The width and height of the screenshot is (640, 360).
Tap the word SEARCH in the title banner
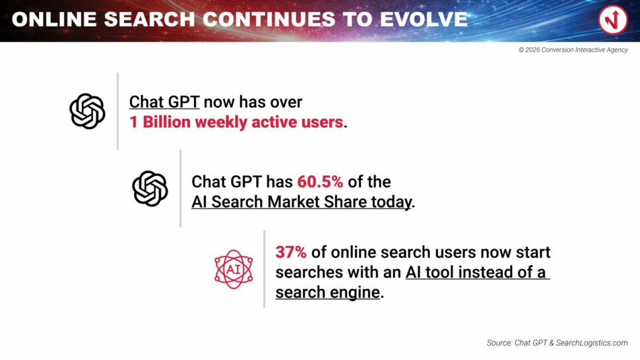point(149,20)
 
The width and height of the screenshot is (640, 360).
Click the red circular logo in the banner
point(613,20)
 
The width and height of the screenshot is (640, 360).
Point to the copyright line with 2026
point(573,49)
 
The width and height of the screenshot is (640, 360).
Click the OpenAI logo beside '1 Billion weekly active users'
point(87,111)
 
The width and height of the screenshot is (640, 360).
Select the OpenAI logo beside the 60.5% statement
point(150,189)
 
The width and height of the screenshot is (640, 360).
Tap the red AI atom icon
point(234,269)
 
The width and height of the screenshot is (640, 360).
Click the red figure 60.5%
point(320,182)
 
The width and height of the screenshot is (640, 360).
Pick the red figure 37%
point(290,253)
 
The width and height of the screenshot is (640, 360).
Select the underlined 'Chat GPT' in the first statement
point(164,102)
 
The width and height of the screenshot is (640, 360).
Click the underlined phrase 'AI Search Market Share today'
point(302,202)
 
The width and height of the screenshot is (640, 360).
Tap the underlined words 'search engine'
point(328,292)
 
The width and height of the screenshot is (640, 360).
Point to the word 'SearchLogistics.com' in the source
point(592,343)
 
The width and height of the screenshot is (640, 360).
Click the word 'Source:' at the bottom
point(499,343)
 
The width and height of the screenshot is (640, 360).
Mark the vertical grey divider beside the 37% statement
point(265,269)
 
